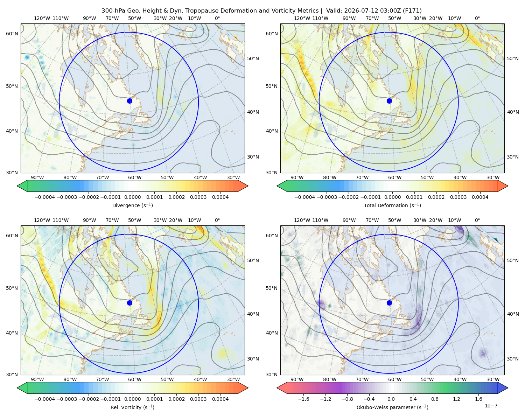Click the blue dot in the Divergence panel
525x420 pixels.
[129, 101]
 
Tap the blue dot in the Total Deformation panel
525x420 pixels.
[389, 101]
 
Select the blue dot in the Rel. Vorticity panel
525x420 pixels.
[129, 303]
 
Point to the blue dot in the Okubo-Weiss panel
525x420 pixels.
[389, 303]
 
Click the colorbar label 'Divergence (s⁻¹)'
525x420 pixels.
[132, 205]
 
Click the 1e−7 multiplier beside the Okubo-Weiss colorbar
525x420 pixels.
[491, 406]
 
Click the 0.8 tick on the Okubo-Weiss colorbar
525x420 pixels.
[435, 399]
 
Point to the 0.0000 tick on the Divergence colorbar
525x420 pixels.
[132, 197]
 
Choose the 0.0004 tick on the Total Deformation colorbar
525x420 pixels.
[480, 197]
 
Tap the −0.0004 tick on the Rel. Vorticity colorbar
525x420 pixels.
[45, 399]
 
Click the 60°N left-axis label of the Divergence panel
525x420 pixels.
[12, 34]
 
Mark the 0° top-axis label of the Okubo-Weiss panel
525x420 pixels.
[477, 220]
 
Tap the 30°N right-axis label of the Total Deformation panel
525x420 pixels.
[513, 157]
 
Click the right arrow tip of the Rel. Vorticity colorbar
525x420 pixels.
[248, 388]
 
